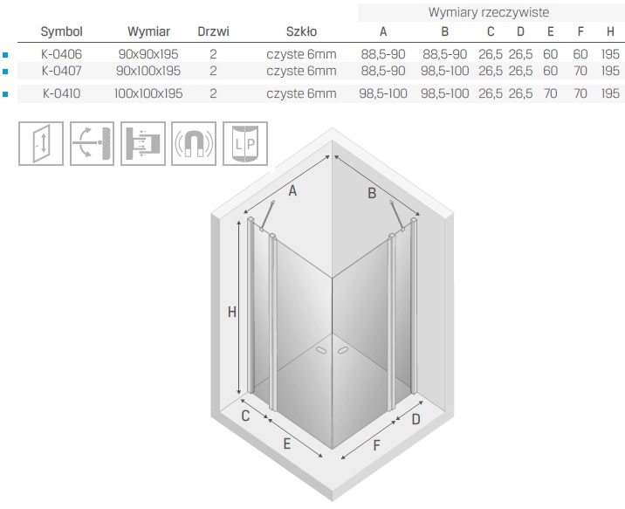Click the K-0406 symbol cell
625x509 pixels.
pos(61,54)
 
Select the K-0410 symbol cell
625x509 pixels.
pos(61,93)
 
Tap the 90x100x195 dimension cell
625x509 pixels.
pos(148,71)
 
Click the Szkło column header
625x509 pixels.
pos(301,31)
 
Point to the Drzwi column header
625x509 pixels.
pos(213,31)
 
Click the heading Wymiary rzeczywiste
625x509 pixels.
pos(489,12)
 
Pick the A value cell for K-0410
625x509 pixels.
pos(383,93)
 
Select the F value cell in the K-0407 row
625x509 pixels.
pos(580,71)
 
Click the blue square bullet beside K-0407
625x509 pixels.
pos(5,72)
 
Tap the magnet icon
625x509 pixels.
pos(194,143)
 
